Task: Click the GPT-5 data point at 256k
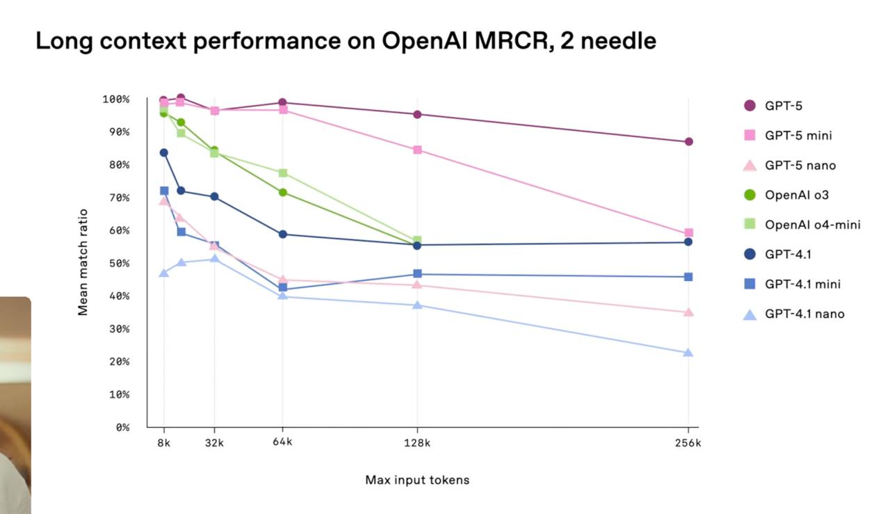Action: point(688,142)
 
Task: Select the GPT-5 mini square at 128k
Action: point(417,150)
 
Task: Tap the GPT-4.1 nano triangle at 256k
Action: point(688,353)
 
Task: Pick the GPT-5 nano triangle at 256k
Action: point(688,312)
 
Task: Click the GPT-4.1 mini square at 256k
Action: point(688,277)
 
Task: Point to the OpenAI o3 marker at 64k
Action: point(283,192)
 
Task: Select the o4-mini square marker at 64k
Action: point(283,172)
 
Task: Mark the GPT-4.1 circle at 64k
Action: point(283,234)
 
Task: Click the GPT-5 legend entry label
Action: point(784,106)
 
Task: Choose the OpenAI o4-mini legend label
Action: point(812,225)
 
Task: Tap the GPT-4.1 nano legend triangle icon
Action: point(750,314)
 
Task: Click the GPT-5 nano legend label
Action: point(800,166)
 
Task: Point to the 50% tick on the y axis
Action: point(118,264)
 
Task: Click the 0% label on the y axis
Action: point(122,428)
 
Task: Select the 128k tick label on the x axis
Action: point(417,443)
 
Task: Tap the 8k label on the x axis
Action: point(164,443)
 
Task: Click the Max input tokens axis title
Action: point(417,480)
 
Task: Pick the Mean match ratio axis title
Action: point(83,262)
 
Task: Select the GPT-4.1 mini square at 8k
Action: point(164,191)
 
